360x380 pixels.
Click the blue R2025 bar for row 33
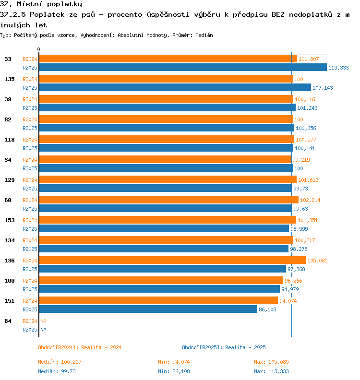[183, 67]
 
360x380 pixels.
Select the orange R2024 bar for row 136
[172, 260]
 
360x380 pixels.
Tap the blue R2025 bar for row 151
[148, 309]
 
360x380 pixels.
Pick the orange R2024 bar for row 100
[161, 280]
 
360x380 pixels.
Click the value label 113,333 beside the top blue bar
[338, 68]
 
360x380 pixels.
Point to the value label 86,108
[267, 309]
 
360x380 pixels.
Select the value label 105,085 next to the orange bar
[317, 261]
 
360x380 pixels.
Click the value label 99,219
[301, 160]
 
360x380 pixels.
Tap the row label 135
[10, 79]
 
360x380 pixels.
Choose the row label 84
[8, 321]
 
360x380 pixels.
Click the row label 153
[10, 220]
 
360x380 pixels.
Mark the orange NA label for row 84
[43, 321]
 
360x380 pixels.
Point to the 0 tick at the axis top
[38, 49]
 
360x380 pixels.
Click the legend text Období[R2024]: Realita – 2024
[80, 347]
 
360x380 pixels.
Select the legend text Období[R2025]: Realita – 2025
[224, 347]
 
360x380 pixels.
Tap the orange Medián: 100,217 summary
[60, 362]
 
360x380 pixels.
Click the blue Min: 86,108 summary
[174, 371]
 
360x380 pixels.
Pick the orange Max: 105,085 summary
[271, 362]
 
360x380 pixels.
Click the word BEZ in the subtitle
[278, 14]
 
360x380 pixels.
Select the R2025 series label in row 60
[30, 209]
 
